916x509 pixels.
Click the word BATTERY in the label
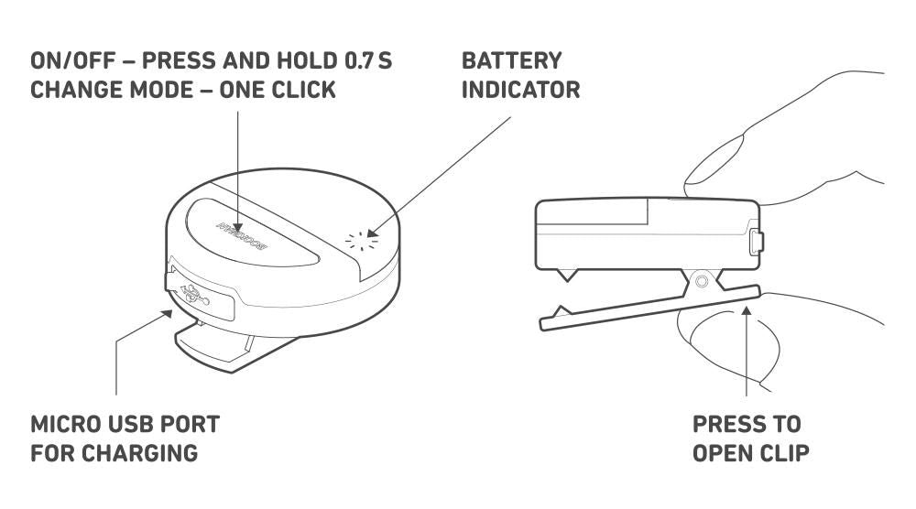(512, 61)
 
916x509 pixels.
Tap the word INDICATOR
(521, 90)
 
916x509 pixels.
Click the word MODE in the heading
(159, 90)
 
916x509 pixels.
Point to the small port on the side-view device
(756, 243)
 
